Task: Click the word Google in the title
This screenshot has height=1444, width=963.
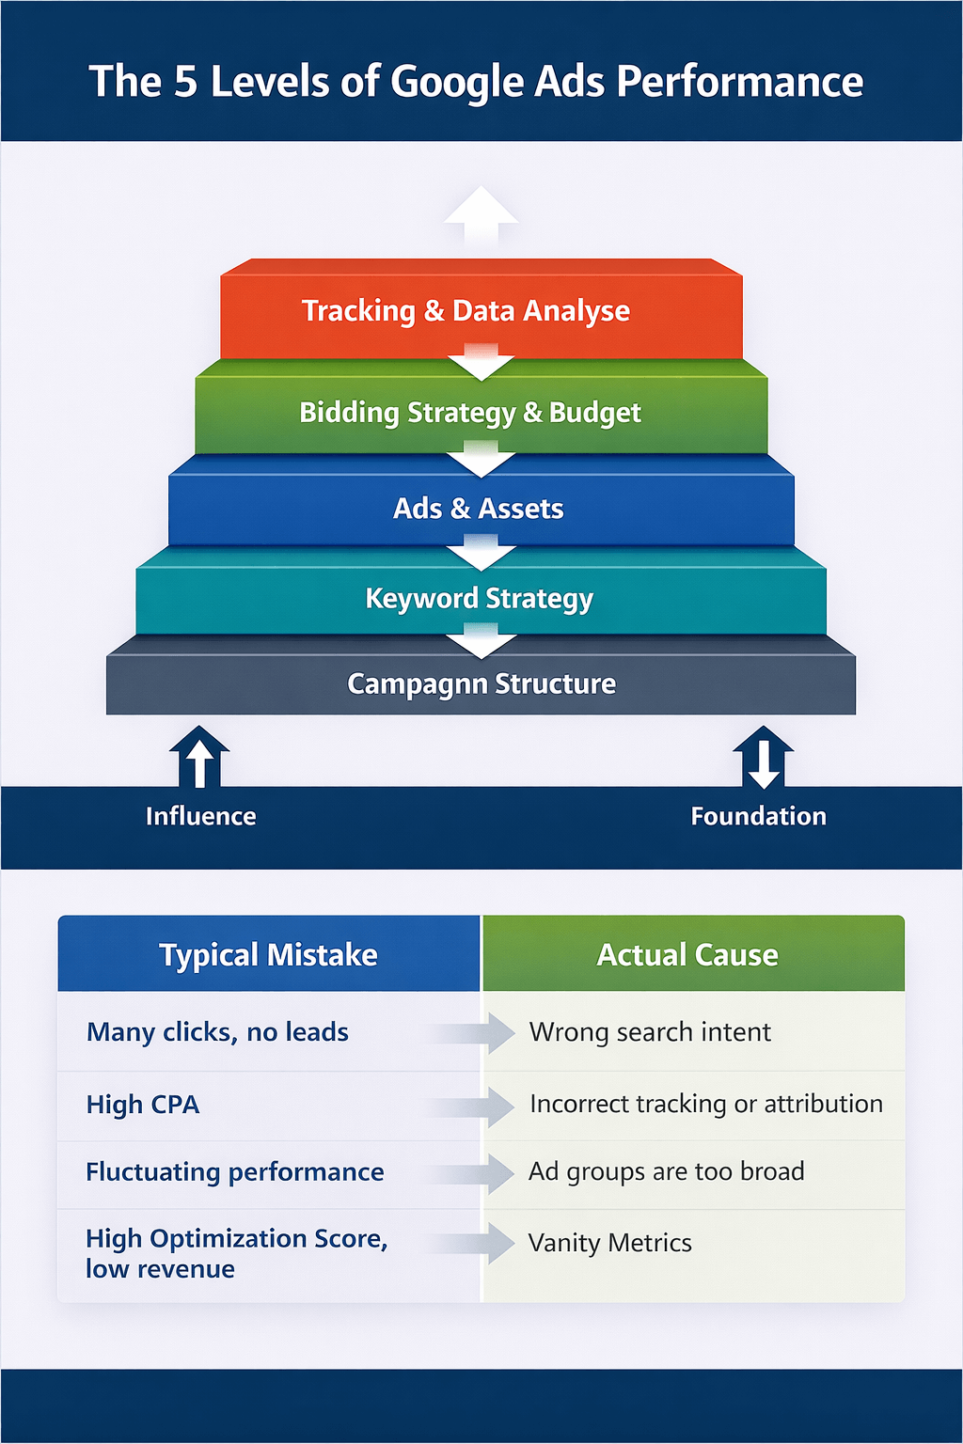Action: [x=455, y=82]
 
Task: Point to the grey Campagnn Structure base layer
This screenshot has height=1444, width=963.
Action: [x=481, y=683]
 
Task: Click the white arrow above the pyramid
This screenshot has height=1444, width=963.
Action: [x=481, y=216]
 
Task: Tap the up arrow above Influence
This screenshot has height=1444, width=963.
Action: [x=198, y=758]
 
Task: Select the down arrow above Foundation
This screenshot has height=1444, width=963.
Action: [x=763, y=758]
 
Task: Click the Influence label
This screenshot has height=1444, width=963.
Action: [x=200, y=816]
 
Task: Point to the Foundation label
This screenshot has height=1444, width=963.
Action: [x=758, y=816]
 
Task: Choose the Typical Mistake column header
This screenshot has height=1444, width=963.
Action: [x=268, y=955]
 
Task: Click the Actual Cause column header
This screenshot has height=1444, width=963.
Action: [x=687, y=955]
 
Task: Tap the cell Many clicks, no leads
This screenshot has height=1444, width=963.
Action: [x=217, y=1032]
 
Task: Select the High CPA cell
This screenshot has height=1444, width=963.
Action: [x=143, y=1105]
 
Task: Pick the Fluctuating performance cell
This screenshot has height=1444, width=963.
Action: [x=235, y=1172]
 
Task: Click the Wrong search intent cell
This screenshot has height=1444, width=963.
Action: [x=650, y=1032]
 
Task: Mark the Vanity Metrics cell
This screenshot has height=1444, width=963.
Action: [x=609, y=1243]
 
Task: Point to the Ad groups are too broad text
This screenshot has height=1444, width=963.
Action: [x=666, y=1171]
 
